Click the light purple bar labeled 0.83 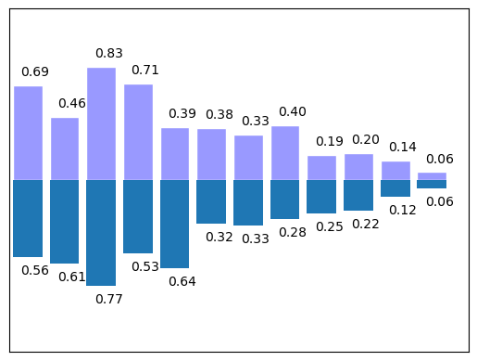(101, 123)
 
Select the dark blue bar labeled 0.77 (101, 232)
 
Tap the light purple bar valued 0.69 (28, 133)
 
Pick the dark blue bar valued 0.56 (28, 218)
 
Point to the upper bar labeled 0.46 (65, 148)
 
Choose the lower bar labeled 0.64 (174, 224)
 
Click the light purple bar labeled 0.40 (285, 152)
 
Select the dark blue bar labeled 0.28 (285, 200)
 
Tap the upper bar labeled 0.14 (395, 170)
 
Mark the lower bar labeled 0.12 (395, 188)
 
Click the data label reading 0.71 (145, 70)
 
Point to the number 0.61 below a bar (72, 277)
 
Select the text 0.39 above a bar (182, 113)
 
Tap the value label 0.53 (145, 266)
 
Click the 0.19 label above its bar (329, 141)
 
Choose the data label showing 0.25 (329, 227)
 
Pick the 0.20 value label (366, 139)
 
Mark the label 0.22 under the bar (366, 224)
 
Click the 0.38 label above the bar (219, 114)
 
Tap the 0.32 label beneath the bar (219, 237)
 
